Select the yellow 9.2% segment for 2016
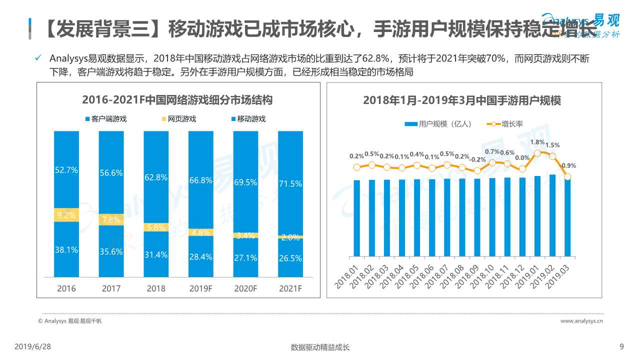point(66,215)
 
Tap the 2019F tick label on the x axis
point(200,288)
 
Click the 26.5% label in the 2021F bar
point(290,258)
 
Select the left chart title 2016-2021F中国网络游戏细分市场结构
point(177,100)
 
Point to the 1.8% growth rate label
point(537,142)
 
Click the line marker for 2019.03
point(567,176)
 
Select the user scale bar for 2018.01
point(356,217)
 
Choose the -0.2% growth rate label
point(478,159)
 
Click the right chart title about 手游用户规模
point(462,100)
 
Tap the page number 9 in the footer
point(621,346)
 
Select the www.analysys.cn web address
point(581,321)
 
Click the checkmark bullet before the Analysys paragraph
point(38,58)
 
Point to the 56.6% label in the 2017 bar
point(111,172)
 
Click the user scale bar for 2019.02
point(552,215)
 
